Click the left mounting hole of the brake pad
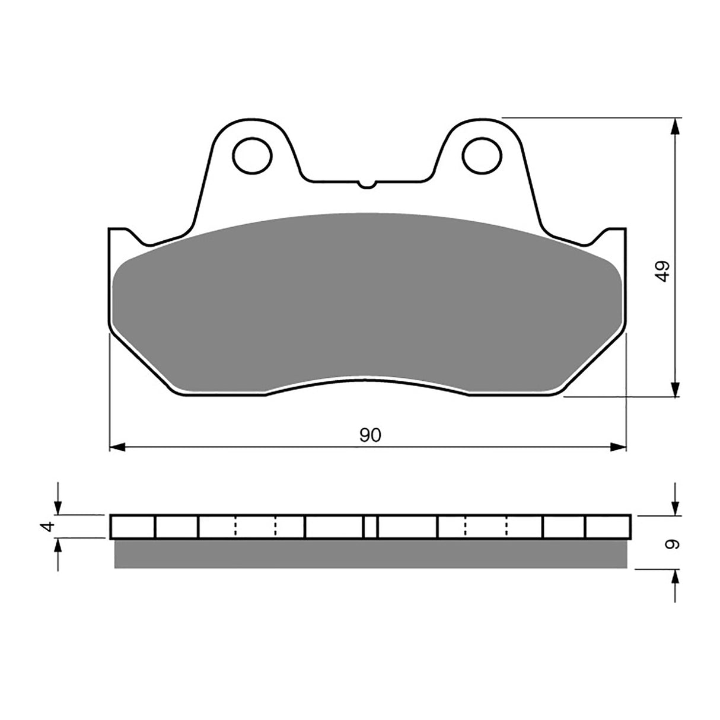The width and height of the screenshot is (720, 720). pos(254,156)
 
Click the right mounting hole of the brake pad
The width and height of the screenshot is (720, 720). pos(482,156)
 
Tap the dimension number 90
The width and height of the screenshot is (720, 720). pos(370,435)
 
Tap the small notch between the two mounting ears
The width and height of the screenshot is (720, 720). pos(368,184)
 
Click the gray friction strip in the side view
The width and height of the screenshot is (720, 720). pos(370,554)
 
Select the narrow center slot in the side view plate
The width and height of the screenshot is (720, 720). pos(370,527)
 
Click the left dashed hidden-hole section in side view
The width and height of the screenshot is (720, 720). pos(256,527)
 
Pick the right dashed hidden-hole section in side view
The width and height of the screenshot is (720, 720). pos(486,527)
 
